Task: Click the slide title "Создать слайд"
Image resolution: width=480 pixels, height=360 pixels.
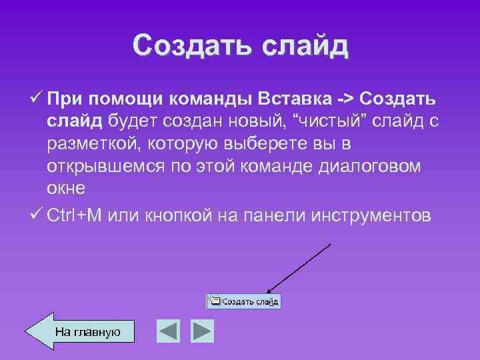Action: coord(240,45)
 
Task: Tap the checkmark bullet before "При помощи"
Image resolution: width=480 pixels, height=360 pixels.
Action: coord(38,99)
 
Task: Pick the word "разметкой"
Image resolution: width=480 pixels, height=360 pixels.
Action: coord(93,145)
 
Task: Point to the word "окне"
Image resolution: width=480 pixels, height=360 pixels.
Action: coord(66,189)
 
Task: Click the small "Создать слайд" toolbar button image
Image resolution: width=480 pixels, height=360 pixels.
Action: coord(244,301)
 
